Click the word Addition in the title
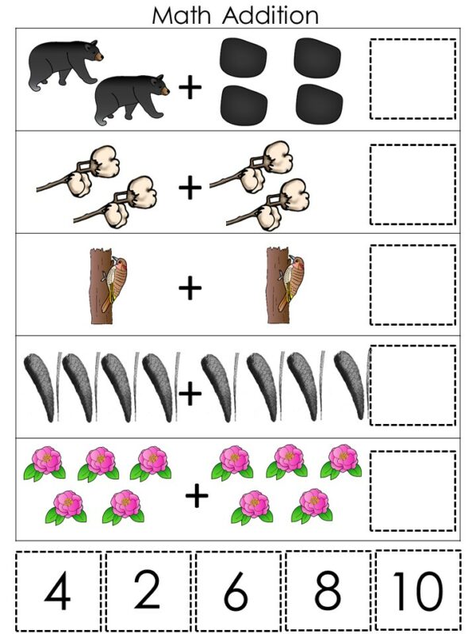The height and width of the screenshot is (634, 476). pyautogui.click(x=271, y=14)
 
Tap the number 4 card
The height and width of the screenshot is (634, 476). pyautogui.click(x=57, y=590)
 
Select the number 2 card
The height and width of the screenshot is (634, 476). pyautogui.click(x=148, y=590)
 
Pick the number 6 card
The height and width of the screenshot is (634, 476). pyautogui.click(x=238, y=590)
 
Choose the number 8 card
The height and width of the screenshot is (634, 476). pyautogui.click(x=328, y=590)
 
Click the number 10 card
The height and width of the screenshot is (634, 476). pyautogui.click(x=418, y=590)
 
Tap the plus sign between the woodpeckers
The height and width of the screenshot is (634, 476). pyautogui.click(x=190, y=288)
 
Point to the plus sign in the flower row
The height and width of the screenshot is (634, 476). pyautogui.click(x=196, y=496)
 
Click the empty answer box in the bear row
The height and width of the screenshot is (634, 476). pyautogui.click(x=413, y=79)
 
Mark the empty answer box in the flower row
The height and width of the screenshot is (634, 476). pyautogui.click(x=413, y=491)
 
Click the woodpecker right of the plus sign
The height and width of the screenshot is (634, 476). pyautogui.click(x=282, y=287)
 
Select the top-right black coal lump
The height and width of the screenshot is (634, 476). pyautogui.click(x=317, y=58)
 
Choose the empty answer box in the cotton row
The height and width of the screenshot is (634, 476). pyautogui.click(x=413, y=184)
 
